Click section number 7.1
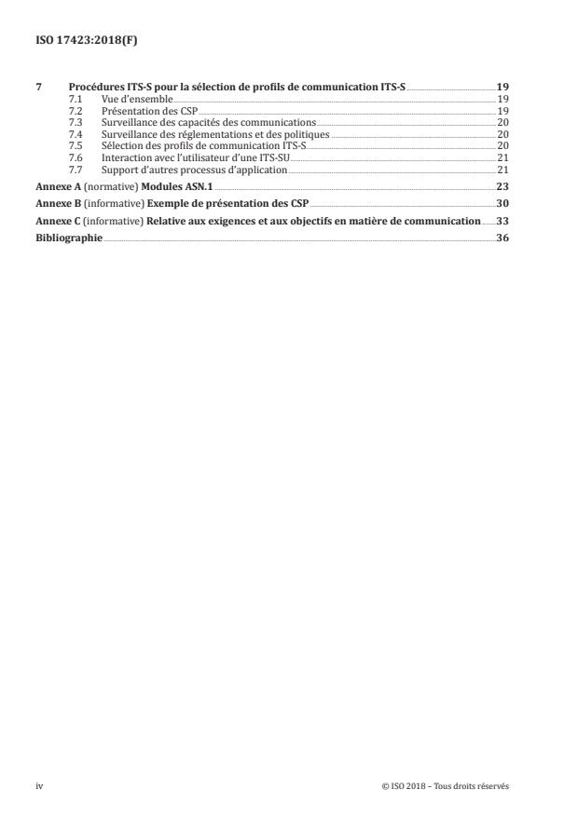[x=76, y=98]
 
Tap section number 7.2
[x=76, y=110]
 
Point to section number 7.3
[x=76, y=122]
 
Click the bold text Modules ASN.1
[x=177, y=187]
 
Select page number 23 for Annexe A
[x=502, y=187]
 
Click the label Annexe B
[x=58, y=204]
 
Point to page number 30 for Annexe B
[x=502, y=204]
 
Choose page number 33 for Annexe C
[x=502, y=222]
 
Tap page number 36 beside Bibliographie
[x=502, y=238]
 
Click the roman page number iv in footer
[x=39, y=785]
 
